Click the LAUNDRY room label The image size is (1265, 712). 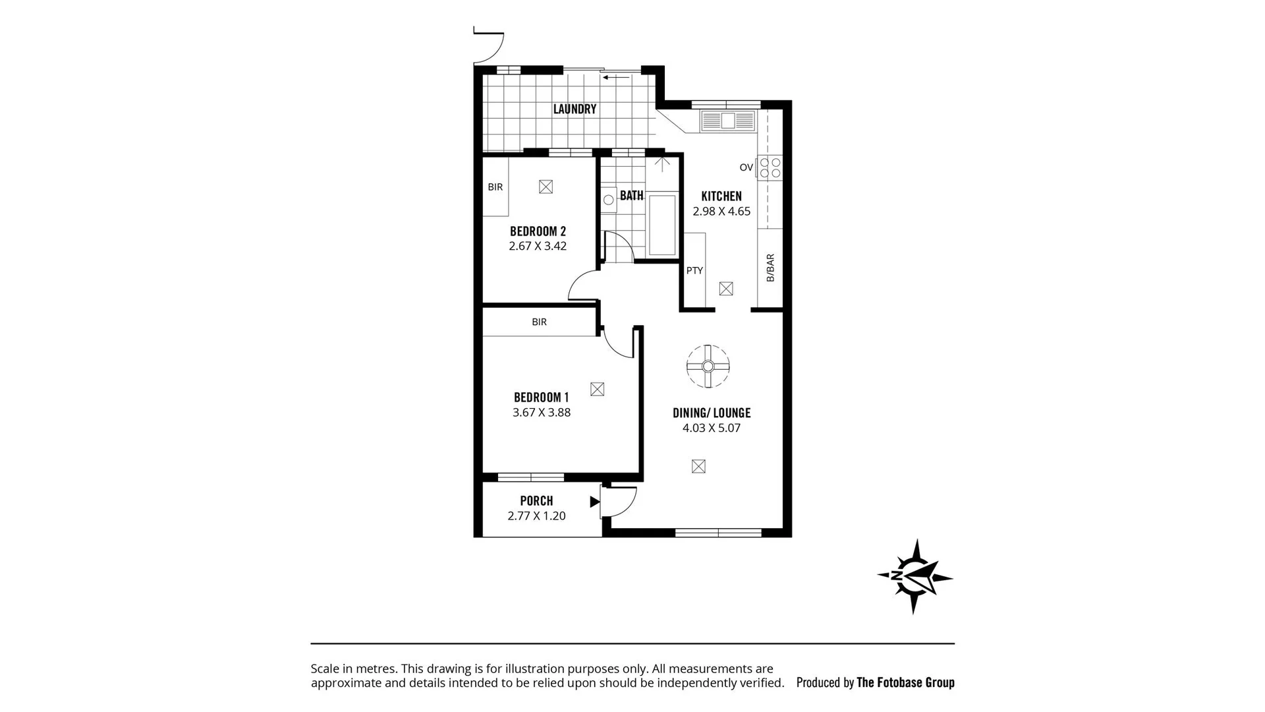575,109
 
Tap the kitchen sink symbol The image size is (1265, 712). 727,121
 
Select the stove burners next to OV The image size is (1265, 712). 770,167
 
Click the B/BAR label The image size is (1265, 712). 770,268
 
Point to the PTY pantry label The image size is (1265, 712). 694,271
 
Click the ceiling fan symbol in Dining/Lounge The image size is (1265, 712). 708,367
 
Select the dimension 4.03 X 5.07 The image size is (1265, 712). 712,428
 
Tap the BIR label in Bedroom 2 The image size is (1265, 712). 495,187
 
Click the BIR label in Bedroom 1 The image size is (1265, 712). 539,322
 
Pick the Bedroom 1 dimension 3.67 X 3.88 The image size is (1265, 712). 542,413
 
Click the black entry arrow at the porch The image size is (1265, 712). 594,502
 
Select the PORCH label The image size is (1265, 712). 536,501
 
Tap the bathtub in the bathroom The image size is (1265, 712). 662,224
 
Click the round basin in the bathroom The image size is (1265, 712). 608,200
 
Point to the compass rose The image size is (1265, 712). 914,577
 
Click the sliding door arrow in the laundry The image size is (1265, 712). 616,78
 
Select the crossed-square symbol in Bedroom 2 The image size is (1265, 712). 546,187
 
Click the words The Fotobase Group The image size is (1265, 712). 905,683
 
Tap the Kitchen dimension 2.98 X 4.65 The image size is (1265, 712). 721,212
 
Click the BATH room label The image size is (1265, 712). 631,196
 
